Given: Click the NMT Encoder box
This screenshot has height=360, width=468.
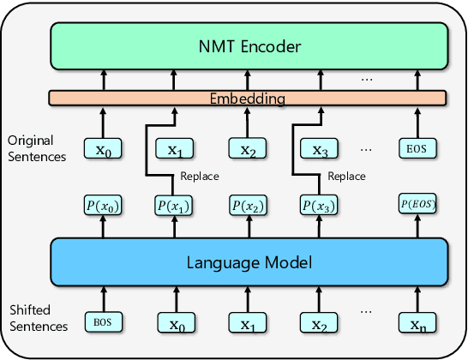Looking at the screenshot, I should click(249, 47).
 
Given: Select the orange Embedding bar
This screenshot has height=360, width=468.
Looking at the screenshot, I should click(249, 99).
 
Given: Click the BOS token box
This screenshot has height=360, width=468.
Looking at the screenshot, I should click(103, 322).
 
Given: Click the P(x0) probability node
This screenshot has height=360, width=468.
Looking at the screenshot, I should click(103, 206).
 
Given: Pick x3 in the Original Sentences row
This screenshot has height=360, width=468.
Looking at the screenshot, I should click(320, 150).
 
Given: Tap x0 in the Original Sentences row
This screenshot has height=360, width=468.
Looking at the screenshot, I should click(103, 150).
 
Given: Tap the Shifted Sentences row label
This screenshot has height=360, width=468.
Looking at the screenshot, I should click(34, 319).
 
